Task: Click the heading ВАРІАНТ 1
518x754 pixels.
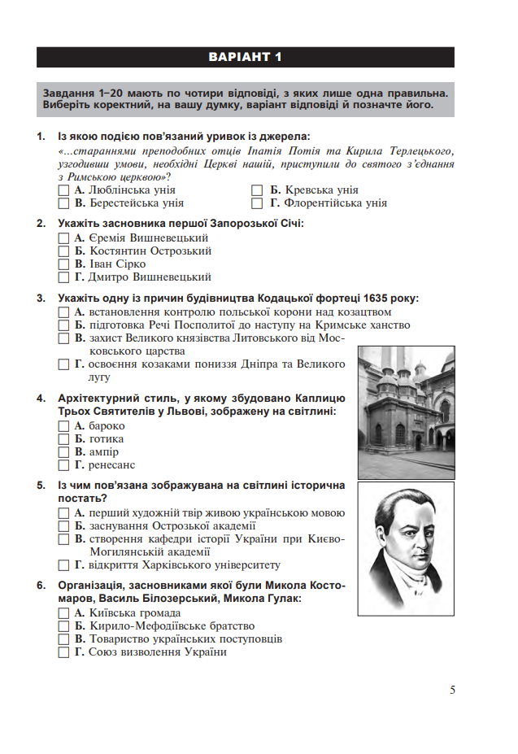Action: click(x=245, y=57)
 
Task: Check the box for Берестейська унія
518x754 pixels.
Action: click(x=64, y=203)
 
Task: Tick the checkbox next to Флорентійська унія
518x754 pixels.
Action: click(x=257, y=203)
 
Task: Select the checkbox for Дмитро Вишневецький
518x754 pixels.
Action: click(x=64, y=277)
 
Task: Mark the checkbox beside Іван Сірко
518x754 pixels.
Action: click(x=64, y=264)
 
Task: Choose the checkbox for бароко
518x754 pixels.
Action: click(x=64, y=425)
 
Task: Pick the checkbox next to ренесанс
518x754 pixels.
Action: click(x=64, y=465)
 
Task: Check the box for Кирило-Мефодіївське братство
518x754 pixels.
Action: click(x=64, y=626)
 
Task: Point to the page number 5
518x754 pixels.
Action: click(x=452, y=691)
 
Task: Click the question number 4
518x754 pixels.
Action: click(x=41, y=399)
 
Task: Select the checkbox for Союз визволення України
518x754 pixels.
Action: click(x=64, y=652)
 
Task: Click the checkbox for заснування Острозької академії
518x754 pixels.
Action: click(x=64, y=526)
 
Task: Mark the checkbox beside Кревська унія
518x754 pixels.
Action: click(x=257, y=190)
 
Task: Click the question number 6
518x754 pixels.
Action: click(x=41, y=586)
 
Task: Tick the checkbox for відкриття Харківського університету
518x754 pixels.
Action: click(x=64, y=565)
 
